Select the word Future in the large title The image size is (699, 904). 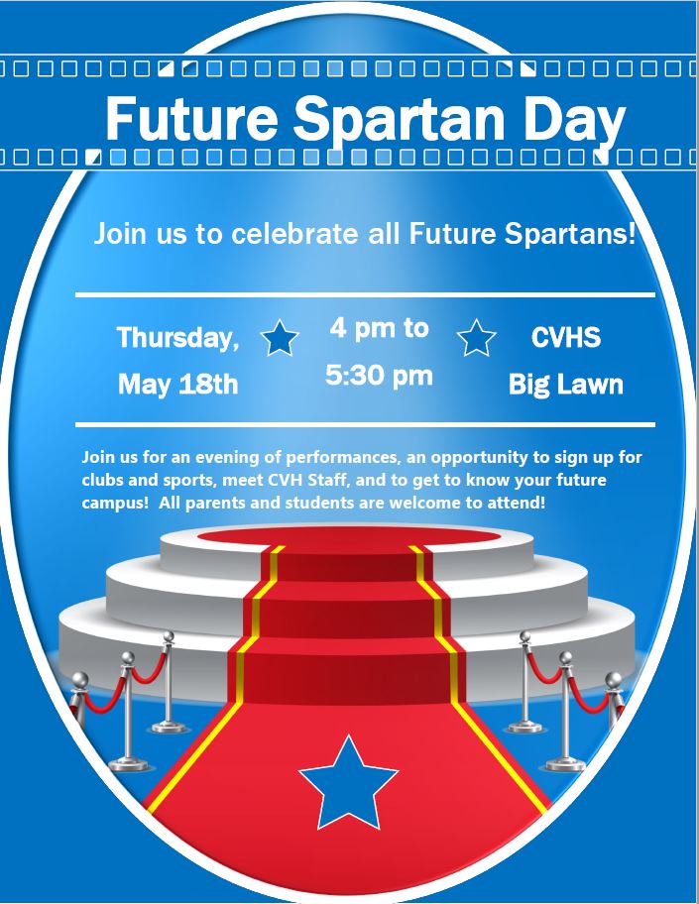pyautogui.click(x=191, y=118)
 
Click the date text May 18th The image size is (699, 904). pyautogui.click(x=177, y=384)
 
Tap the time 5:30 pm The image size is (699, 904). pyautogui.click(x=379, y=376)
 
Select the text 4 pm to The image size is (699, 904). pyautogui.click(x=380, y=328)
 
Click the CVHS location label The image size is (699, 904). pyautogui.click(x=566, y=337)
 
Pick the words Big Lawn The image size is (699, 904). pyautogui.click(x=566, y=385)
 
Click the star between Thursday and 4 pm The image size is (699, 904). pyautogui.click(x=280, y=338)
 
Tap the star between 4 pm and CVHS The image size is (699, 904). pyautogui.click(x=476, y=338)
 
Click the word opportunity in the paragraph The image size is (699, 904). pyautogui.click(x=479, y=458)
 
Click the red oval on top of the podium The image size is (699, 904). pyautogui.click(x=348, y=536)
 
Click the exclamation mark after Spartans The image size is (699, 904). pyautogui.click(x=633, y=233)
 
